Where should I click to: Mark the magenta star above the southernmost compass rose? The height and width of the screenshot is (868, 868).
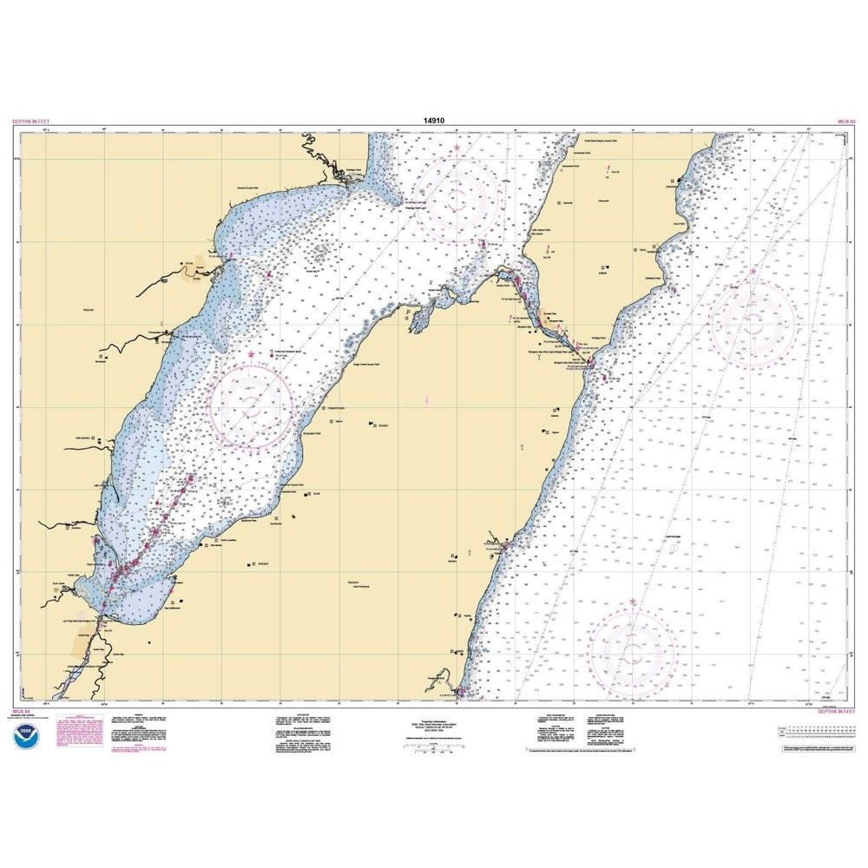[633, 601]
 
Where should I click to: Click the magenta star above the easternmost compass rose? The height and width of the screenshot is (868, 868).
[753, 273]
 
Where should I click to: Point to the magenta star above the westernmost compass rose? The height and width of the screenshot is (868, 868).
[252, 355]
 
